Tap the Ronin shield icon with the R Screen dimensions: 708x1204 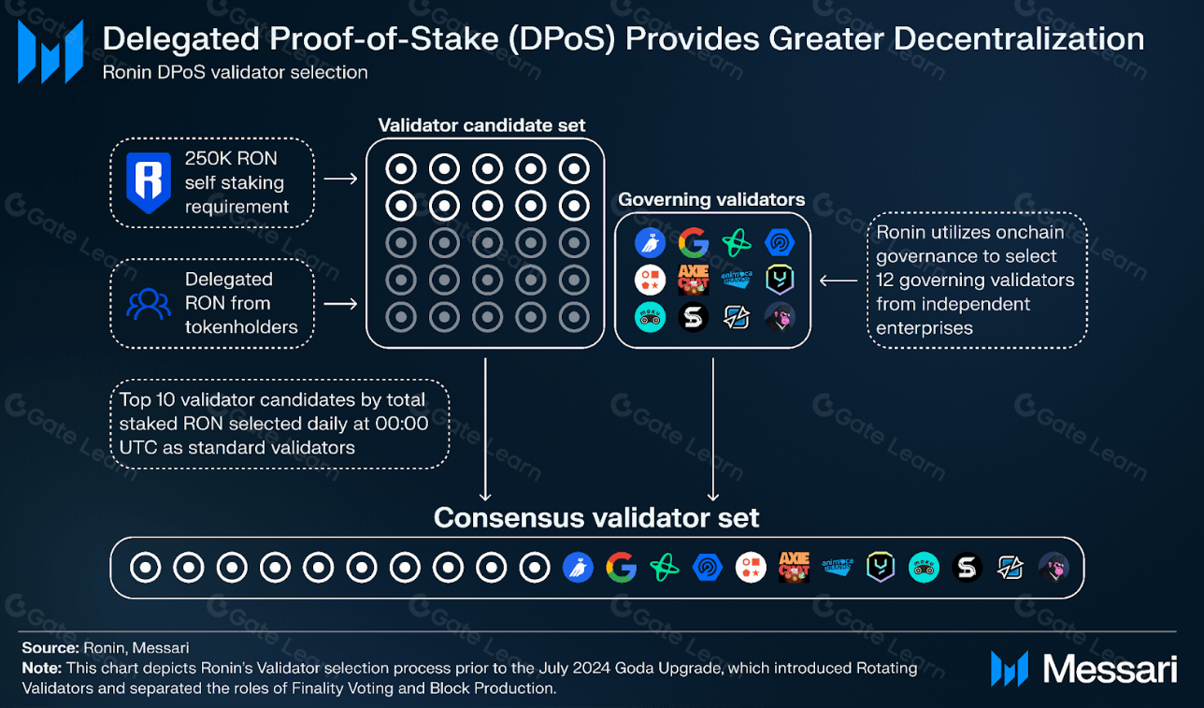tap(148, 183)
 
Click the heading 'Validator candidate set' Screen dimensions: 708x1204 tap(481, 125)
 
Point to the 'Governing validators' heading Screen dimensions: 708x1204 tap(711, 199)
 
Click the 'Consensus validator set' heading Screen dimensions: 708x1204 tap(596, 517)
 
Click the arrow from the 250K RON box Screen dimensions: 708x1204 tap(340, 178)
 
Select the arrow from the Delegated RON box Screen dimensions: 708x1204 tap(340, 303)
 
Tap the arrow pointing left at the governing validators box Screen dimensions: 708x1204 tap(838, 280)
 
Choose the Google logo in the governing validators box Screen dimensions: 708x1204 tap(693, 243)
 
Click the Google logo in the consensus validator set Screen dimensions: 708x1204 tap(621, 568)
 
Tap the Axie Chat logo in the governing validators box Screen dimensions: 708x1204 tap(693, 280)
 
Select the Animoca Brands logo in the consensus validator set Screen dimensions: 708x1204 tap(838, 568)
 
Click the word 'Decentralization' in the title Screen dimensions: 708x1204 tap(1021, 39)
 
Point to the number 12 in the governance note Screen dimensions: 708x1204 tap(886, 280)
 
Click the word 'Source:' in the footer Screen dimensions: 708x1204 tap(50, 646)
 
